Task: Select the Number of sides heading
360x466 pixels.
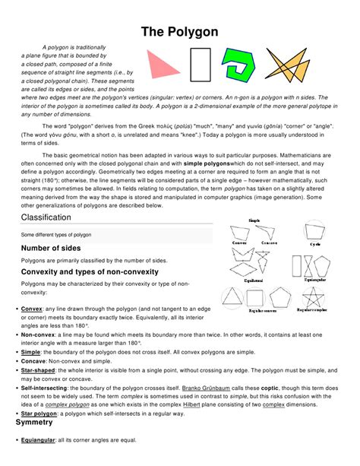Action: pyautogui.click(x=57, y=248)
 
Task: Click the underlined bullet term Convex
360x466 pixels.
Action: pyautogui.click(x=31, y=309)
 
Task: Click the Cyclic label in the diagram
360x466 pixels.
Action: pyautogui.click(x=314, y=245)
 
